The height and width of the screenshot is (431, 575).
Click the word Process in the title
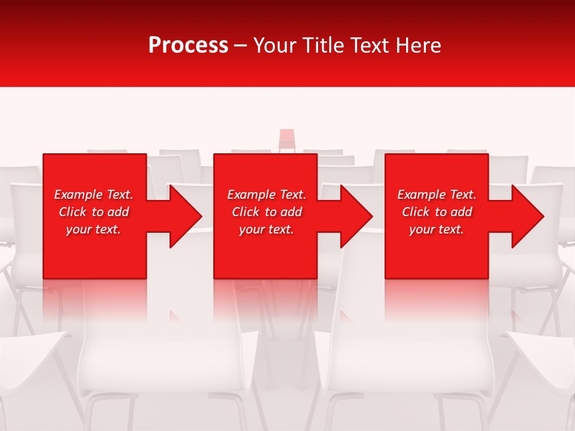pyautogui.click(x=188, y=45)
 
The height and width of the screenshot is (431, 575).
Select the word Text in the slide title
pyautogui.click(x=368, y=45)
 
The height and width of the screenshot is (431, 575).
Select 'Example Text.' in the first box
pyautogui.click(x=93, y=195)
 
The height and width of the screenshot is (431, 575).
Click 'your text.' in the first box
pyautogui.click(x=93, y=229)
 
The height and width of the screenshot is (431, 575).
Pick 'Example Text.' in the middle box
pyautogui.click(x=267, y=195)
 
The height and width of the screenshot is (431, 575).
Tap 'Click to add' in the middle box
pyautogui.click(x=267, y=212)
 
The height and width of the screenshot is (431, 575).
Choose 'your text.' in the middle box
pyautogui.click(x=267, y=229)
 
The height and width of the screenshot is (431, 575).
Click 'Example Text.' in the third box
pyautogui.click(x=437, y=195)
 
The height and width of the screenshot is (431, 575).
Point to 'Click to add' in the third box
pyautogui.click(x=437, y=212)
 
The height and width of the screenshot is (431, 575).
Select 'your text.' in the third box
pyautogui.click(x=437, y=229)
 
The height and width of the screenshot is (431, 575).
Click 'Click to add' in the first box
pyautogui.click(x=93, y=212)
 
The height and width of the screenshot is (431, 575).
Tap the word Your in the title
pyautogui.click(x=274, y=45)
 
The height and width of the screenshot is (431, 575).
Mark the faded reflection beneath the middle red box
pyautogui.click(x=265, y=299)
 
